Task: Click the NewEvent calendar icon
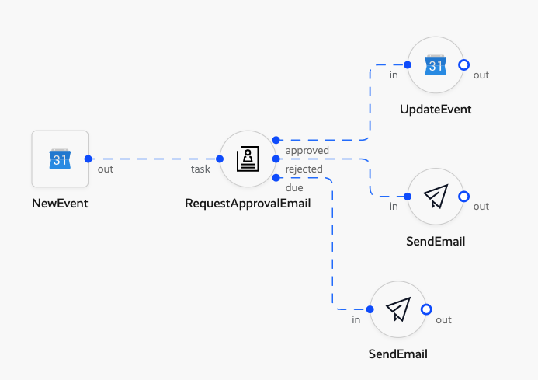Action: coord(60,159)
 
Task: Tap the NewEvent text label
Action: coord(60,204)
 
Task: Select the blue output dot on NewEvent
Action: coord(88,159)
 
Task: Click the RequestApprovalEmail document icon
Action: coord(248,159)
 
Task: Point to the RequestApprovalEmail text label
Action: coord(248,204)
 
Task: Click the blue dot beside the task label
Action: coord(220,159)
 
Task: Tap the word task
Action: coord(201,169)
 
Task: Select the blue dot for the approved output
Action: coord(276,140)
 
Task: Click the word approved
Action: coord(307,150)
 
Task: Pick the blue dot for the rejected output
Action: coord(276,159)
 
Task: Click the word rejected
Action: coord(304,169)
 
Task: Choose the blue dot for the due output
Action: coord(276,177)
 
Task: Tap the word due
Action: coord(294,187)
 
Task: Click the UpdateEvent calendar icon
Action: coord(436,65)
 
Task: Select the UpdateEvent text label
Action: coord(436,110)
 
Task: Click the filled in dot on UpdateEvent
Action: coord(408,65)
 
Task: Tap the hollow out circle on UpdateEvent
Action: coord(463,65)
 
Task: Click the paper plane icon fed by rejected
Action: coord(436,197)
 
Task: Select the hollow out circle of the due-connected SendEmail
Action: coord(426,309)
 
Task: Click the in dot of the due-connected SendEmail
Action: coord(370,309)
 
